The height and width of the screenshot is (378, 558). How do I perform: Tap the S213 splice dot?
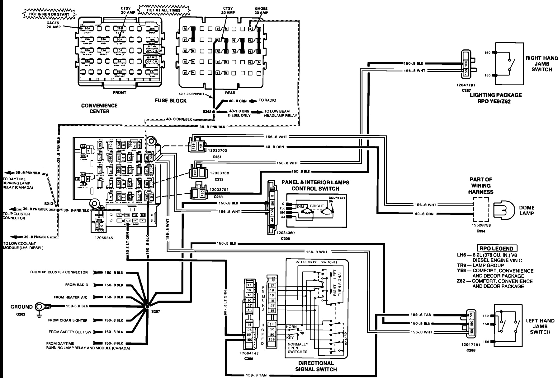click(58, 210)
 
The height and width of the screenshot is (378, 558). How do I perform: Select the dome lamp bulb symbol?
click(502, 211)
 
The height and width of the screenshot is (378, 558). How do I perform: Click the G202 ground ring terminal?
click(40, 307)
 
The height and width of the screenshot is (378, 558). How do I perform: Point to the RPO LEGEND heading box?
click(497, 248)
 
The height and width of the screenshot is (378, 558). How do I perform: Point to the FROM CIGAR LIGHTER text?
click(68, 320)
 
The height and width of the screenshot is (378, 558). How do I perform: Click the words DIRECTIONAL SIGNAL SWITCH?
click(316, 366)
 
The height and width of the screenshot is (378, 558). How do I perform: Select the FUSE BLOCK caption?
click(170, 100)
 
